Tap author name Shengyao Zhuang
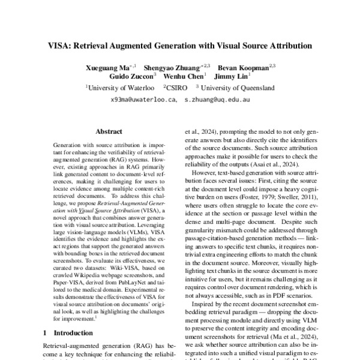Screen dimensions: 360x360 coord(175,67)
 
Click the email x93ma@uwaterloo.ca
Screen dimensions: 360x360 coord(143,100)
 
